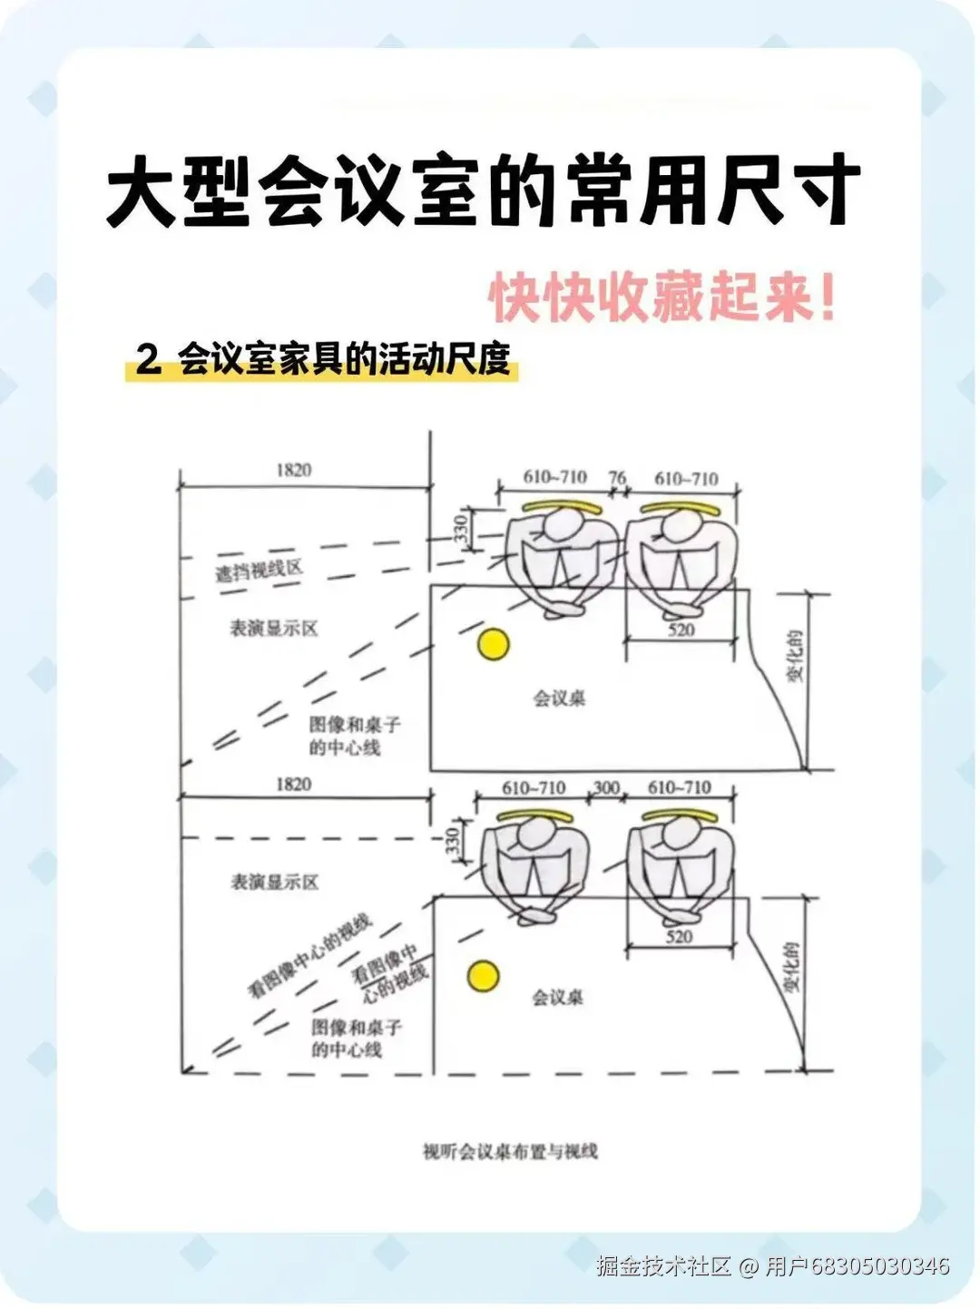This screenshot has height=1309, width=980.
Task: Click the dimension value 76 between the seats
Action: [617, 477]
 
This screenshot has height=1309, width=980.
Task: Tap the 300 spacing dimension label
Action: [605, 787]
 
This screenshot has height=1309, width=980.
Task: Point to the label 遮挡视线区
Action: [258, 571]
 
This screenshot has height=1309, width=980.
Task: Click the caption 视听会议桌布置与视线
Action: [511, 1152]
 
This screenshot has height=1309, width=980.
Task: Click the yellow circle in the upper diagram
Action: [494, 644]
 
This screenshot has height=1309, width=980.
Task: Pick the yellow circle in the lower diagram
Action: [484, 976]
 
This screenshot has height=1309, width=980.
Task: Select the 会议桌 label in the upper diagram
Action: [559, 698]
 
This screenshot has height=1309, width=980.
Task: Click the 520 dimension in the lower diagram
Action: [679, 937]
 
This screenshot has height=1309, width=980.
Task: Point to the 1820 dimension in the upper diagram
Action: [293, 470]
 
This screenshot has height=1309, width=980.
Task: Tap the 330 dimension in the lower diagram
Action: [454, 841]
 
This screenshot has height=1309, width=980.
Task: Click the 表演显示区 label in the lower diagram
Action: [274, 882]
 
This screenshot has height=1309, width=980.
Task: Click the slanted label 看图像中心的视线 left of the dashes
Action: [309, 957]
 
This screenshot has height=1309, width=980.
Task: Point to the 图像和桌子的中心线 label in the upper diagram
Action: [354, 736]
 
